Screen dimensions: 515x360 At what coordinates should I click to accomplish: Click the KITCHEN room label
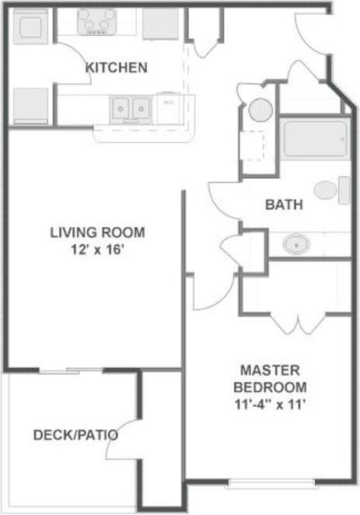point(116,68)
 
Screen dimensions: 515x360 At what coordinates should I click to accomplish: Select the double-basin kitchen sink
point(130,107)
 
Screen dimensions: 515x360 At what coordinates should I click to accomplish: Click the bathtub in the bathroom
point(314,139)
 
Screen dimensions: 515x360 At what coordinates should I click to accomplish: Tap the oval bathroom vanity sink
point(295,244)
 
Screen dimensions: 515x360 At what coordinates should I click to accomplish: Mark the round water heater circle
point(260,110)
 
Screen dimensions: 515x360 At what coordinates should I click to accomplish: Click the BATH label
point(284,205)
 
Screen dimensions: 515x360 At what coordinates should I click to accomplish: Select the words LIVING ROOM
point(97,232)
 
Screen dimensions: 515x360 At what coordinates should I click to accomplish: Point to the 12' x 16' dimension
point(97,250)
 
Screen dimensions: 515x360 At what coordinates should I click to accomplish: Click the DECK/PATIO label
point(75,435)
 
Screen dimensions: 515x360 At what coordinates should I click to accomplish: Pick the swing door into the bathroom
point(222,198)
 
